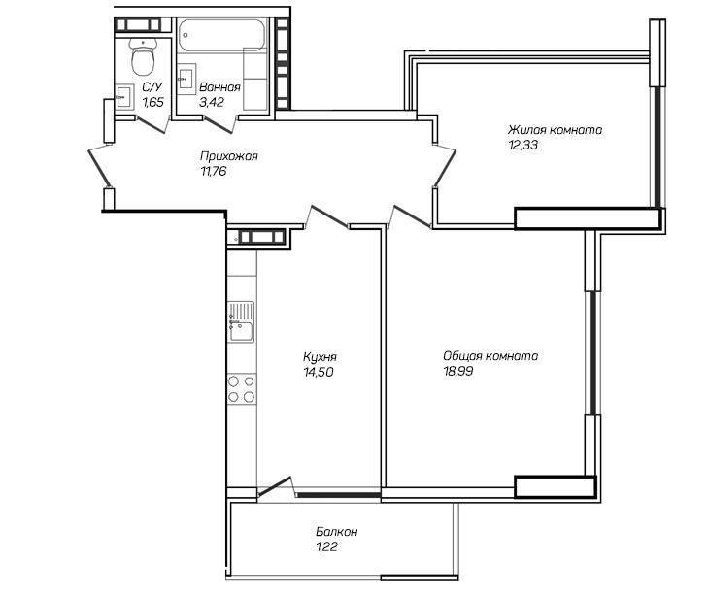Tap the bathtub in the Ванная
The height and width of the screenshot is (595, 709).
221,35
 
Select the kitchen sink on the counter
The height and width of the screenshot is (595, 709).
242,322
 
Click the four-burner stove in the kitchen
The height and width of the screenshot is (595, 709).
242,389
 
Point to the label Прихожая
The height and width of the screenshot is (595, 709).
229,156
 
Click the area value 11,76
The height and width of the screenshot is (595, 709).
213,171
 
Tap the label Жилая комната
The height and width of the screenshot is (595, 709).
555,130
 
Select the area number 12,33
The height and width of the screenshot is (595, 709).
523,145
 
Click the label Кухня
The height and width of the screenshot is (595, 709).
320,357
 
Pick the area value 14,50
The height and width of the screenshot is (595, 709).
319,372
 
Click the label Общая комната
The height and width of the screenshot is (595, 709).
490,356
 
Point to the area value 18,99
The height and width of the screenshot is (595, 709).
458,371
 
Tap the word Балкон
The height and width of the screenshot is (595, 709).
337,532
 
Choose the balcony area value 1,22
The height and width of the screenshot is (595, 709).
327,546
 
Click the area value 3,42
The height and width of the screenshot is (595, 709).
212,102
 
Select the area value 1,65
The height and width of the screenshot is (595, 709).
152,102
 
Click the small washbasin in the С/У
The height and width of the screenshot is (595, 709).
124,97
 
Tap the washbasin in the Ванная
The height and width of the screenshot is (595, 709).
186,79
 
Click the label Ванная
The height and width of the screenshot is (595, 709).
219,87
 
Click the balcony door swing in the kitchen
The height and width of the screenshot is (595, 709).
276,487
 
